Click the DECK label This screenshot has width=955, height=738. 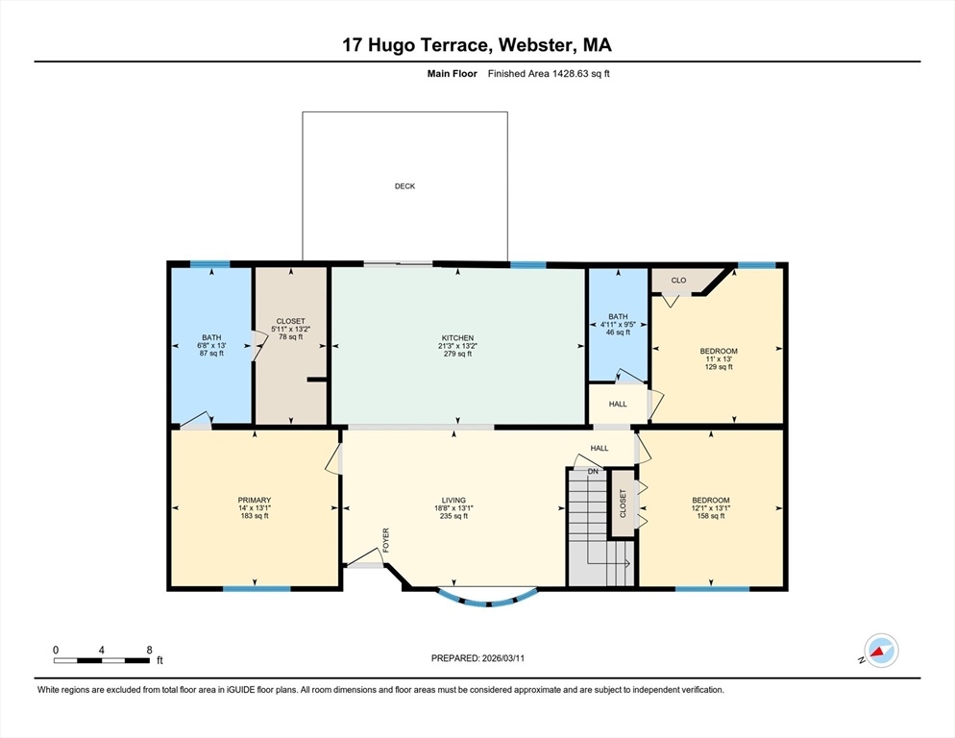pyautogui.click(x=405, y=186)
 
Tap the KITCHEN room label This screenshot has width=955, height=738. pyautogui.click(x=457, y=338)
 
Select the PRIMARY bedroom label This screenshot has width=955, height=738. pyautogui.click(x=254, y=501)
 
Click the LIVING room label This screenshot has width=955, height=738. pyautogui.click(x=453, y=501)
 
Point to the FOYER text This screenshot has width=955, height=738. pyautogui.click(x=385, y=541)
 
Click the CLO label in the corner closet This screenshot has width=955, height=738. pyautogui.click(x=678, y=281)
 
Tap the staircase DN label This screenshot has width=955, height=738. pyautogui.click(x=593, y=472)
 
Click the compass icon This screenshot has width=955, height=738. pyautogui.click(x=881, y=651)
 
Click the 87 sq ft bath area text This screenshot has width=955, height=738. pyautogui.click(x=211, y=354)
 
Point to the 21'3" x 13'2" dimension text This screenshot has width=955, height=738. pyautogui.click(x=457, y=346)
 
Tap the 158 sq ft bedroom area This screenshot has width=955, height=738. pyautogui.click(x=711, y=516)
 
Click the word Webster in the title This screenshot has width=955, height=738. pyautogui.click(x=535, y=45)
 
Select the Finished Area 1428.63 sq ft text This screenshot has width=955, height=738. pyautogui.click(x=549, y=74)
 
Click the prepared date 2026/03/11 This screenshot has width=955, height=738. pyautogui.click(x=503, y=658)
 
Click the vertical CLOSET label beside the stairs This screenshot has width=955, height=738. pyautogui.click(x=623, y=504)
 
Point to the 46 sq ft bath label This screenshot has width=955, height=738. pyautogui.click(x=618, y=332)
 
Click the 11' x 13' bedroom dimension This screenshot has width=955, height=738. pyautogui.click(x=719, y=359)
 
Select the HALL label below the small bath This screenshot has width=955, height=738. pyautogui.click(x=618, y=404)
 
